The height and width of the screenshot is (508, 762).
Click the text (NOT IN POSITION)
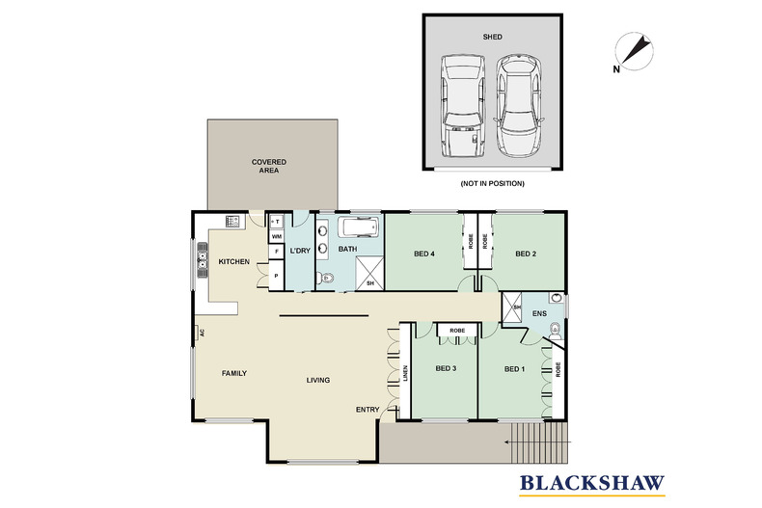492,182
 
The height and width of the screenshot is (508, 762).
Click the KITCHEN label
234,262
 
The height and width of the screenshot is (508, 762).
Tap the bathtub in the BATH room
362,228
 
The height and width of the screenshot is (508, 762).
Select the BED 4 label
423,254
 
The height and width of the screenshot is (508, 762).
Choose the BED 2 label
525,254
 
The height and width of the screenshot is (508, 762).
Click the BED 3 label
445,367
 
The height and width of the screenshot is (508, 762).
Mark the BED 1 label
515,367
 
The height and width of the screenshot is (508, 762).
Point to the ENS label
539,313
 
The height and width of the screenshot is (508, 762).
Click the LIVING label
317,380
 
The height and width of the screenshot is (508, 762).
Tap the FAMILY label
234,372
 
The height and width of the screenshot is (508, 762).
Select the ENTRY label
367,409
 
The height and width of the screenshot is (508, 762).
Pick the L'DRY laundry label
299,251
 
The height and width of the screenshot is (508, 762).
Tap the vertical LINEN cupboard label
406,372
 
